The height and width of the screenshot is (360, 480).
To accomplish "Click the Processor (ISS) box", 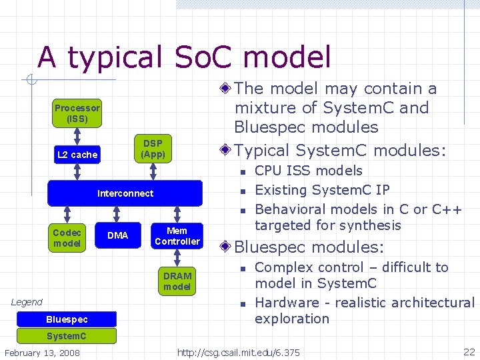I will click(77, 114).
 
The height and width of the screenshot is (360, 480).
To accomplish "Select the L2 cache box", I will click(77, 155).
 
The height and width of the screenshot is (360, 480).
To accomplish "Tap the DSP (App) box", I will click(153, 149).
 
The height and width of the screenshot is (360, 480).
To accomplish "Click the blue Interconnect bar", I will click(125, 193).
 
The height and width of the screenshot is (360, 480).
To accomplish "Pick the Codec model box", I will click(67, 237).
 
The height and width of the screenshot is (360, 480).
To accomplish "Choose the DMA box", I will click(117, 235).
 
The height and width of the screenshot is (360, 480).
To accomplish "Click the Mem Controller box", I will click(177, 236).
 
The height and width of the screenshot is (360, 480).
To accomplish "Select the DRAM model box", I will click(177, 281).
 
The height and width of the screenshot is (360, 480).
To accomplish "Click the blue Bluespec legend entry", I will click(67, 319).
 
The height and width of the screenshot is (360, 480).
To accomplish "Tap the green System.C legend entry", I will click(67, 335).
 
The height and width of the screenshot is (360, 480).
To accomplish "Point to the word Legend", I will click(27, 302).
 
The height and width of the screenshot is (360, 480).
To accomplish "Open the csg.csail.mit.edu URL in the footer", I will click(239, 352).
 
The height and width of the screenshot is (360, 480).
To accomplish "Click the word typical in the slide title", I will click(114, 57).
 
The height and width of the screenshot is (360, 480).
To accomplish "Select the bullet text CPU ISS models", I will click(309, 171).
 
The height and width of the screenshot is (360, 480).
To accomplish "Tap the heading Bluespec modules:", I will click(309, 247).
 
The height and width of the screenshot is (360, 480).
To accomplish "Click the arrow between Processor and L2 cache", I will click(77, 135).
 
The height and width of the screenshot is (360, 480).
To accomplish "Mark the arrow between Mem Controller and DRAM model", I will click(177, 258).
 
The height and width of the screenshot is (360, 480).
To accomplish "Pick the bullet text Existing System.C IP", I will click(322, 190).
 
